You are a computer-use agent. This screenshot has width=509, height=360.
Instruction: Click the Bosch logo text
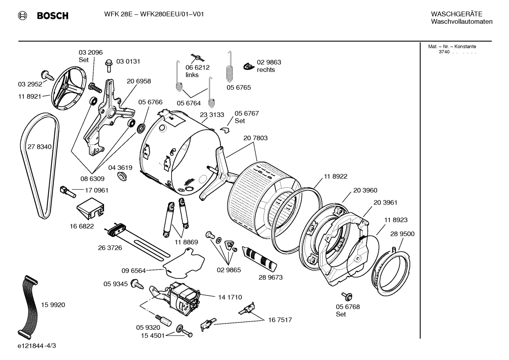click(x=52, y=16)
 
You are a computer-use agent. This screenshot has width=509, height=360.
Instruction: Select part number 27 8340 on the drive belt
click(x=39, y=147)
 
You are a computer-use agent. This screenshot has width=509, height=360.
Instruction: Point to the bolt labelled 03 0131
click(x=109, y=65)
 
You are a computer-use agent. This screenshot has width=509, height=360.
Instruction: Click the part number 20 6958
click(x=139, y=81)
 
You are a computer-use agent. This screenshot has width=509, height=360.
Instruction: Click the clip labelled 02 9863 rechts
click(x=249, y=66)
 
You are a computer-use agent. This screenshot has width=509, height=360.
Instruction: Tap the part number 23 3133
click(x=212, y=115)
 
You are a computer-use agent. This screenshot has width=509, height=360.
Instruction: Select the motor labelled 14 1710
click(x=184, y=296)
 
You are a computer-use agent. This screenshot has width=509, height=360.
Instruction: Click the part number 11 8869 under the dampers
click(x=186, y=242)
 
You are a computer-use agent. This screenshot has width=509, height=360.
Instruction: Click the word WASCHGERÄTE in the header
click(x=456, y=14)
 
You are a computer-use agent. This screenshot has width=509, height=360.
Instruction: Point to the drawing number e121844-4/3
click(x=36, y=346)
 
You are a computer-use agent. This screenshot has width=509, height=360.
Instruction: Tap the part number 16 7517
click(x=280, y=320)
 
